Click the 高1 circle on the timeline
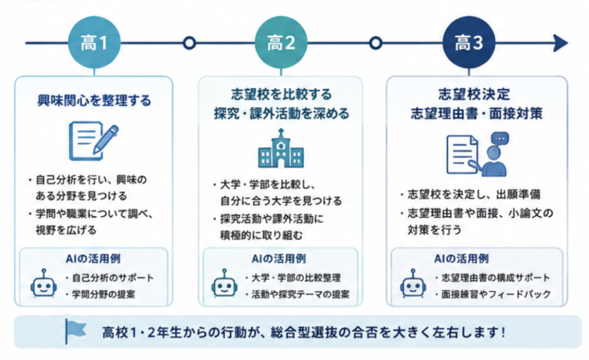[94, 43]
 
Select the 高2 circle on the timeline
[281, 43]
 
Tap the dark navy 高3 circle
[469, 43]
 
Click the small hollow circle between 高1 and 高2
[189, 43]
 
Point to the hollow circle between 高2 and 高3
[375, 43]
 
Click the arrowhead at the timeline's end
[560, 43]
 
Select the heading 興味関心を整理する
[94, 101]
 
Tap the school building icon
[281, 148]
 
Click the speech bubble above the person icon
[500, 139]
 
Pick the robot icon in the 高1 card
[44, 284]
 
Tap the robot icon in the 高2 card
[224, 284]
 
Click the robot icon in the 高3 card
[413, 284]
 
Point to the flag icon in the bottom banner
[75, 331]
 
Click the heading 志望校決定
[474, 94]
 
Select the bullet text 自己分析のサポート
[113, 278]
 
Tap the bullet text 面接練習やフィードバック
[496, 294]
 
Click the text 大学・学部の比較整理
[296, 278]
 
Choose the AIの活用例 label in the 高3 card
[461, 259]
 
